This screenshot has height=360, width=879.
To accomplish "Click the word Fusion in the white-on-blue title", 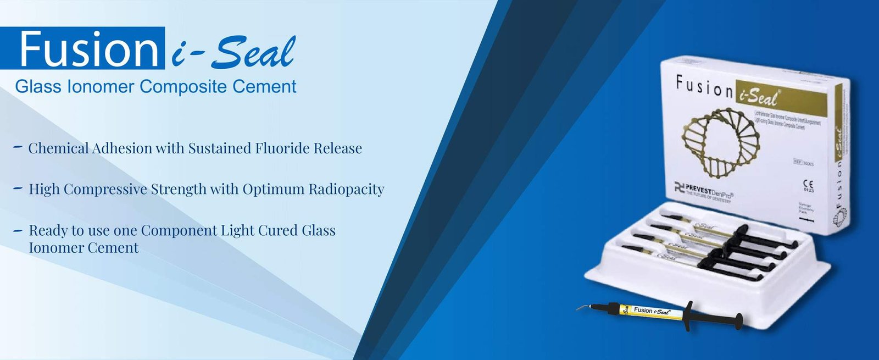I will [x=88, y=49].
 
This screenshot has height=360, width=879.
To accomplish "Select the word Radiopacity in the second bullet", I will [x=346, y=190].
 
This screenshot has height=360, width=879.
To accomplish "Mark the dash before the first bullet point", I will [x=18, y=147].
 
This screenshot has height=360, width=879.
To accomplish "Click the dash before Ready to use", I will [x=18, y=230].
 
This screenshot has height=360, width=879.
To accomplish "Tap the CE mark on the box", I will [x=808, y=185].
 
